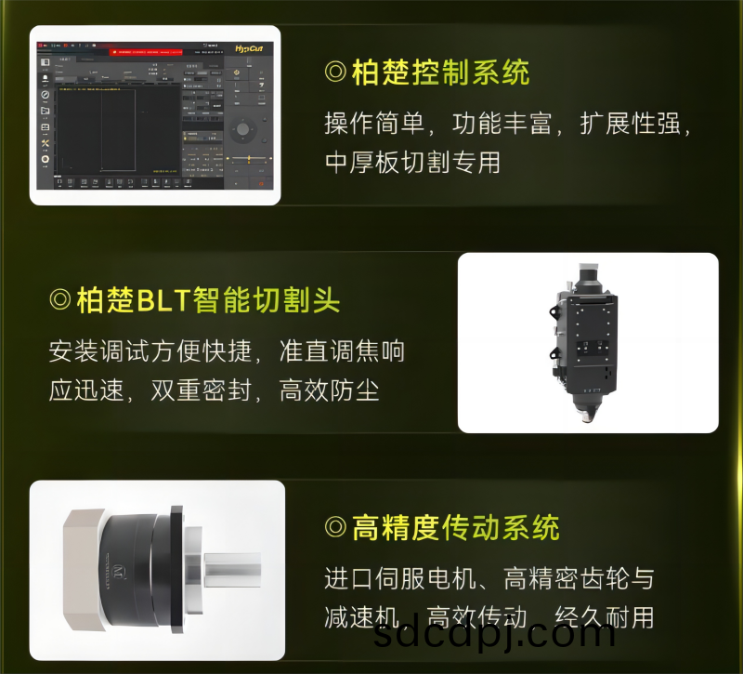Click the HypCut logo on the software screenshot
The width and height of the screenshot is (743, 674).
[250, 47]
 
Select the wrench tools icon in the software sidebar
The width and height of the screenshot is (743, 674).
[45, 142]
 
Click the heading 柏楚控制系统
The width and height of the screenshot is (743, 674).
[440, 73]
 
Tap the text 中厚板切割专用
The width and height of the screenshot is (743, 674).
[412, 163]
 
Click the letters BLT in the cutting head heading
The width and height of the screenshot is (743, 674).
[163, 300]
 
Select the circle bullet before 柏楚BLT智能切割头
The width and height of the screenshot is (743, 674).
[59, 300]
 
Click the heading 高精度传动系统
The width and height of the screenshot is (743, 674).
[455, 528]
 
